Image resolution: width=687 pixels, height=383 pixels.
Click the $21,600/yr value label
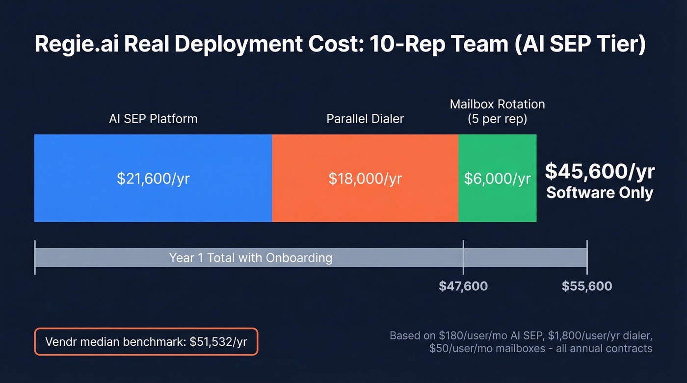click(153, 179)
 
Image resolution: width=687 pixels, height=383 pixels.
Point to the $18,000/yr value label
click(365, 179)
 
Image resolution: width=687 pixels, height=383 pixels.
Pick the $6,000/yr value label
click(497, 179)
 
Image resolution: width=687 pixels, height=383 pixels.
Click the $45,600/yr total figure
click(600, 172)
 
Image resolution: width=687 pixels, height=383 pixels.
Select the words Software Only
click(600, 193)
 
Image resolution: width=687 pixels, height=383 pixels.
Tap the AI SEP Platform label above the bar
click(153, 119)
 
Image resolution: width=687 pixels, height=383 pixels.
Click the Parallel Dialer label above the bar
click(365, 119)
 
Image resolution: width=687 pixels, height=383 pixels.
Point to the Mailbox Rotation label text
click(497, 104)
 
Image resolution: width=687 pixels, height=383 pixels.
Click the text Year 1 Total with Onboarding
click(250, 257)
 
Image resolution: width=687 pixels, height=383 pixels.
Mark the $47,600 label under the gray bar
click(463, 286)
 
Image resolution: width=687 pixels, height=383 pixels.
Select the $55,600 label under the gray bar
click(587, 286)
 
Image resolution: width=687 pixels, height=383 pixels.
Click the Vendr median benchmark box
click(146, 341)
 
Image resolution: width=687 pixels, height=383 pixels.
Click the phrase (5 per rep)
click(497, 119)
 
